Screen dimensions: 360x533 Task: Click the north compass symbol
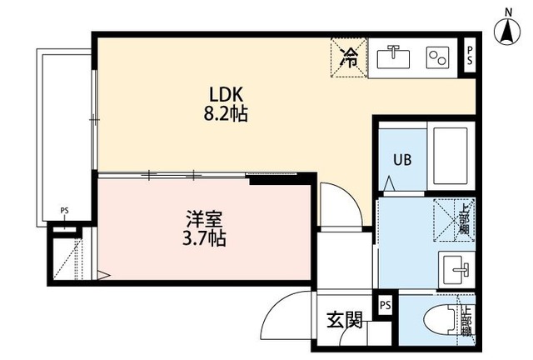[x=506, y=32]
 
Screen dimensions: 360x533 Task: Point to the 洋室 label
[x=203, y=221]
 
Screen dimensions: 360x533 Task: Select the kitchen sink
[x=391, y=57]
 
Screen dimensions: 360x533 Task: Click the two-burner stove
[x=438, y=57]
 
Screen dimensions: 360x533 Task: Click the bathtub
[x=451, y=157]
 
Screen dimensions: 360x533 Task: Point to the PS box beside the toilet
[x=384, y=306]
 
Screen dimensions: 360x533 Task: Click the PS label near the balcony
[x=64, y=211]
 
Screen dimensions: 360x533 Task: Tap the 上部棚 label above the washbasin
[x=464, y=216]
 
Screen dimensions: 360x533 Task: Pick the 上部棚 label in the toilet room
[x=466, y=319]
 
